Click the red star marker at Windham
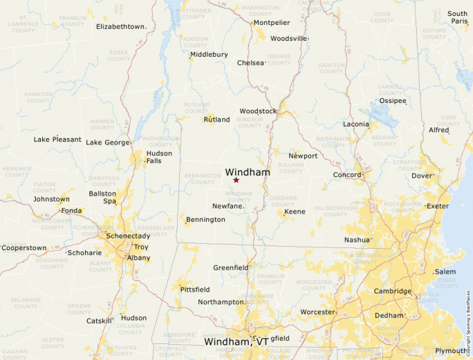point(236,180)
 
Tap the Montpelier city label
point(271,22)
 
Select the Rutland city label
point(216,120)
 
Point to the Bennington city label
point(205,220)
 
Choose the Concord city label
point(347,175)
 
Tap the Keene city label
point(295,211)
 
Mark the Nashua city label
point(357,240)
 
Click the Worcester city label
point(317,312)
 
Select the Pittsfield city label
point(194,289)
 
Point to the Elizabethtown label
point(121,26)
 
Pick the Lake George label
point(107,142)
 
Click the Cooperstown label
point(24,247)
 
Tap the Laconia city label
point(355,124)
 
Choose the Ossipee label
point(393,100)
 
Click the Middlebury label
point(209,54)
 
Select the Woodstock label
point(258,111)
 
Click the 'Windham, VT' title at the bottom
point(236,341)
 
